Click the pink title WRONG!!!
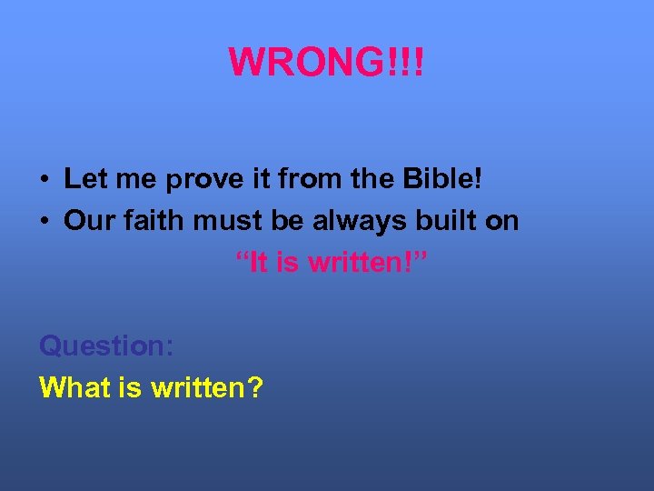pyautogui.click(x=326, y=62)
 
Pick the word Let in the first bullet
pyautogui.click(x=81, y=179)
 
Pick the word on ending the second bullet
pyautogui.click(x=501, y=221)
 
